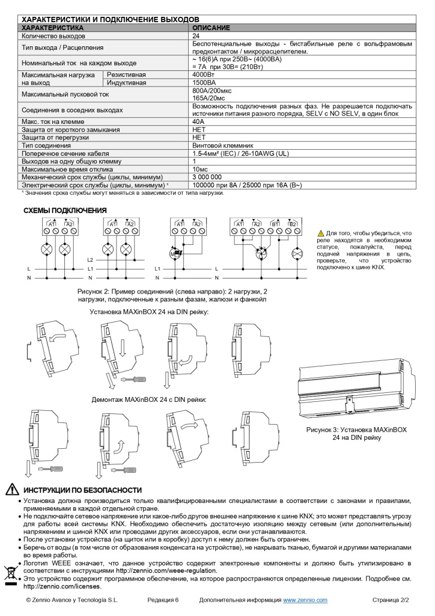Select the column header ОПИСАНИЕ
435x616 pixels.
(210, 28)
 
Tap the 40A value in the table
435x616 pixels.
(198, 122)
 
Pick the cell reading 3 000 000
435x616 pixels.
(207, 177)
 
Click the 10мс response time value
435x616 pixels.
(200, 169)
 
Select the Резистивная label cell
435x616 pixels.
(126, 75)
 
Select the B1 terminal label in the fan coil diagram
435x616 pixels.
(276, 224)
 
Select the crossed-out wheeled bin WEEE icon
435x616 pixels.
(11, 573)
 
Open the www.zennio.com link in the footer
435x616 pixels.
(305, 600)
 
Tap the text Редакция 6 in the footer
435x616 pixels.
(163, 600)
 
